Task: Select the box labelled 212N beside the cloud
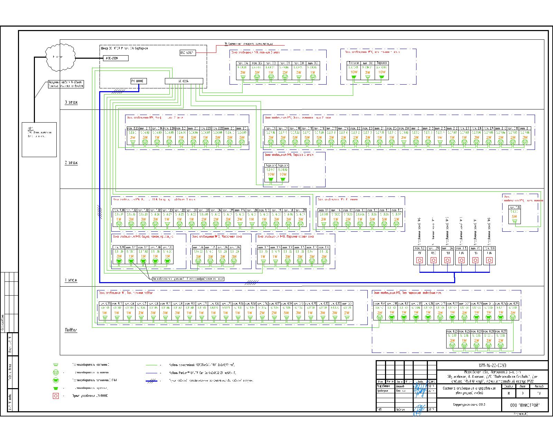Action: point(115,58)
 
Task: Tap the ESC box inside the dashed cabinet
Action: point(187,53)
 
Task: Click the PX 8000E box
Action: point(139,81)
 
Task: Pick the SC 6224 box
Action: point(184,81)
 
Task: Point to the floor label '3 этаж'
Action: point(71,102)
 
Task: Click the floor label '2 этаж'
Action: point(71,163)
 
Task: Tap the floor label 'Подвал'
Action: point(71,330)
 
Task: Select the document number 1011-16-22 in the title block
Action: point(492,366)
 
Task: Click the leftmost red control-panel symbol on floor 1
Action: point(420,260)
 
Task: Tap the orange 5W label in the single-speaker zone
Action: point(514,217)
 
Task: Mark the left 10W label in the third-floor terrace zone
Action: point(354,72)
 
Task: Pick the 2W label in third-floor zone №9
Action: point(284,73)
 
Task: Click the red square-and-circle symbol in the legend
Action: point(55,396)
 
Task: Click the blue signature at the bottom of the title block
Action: point(420,410)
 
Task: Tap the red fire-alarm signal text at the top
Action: point(248,44)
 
